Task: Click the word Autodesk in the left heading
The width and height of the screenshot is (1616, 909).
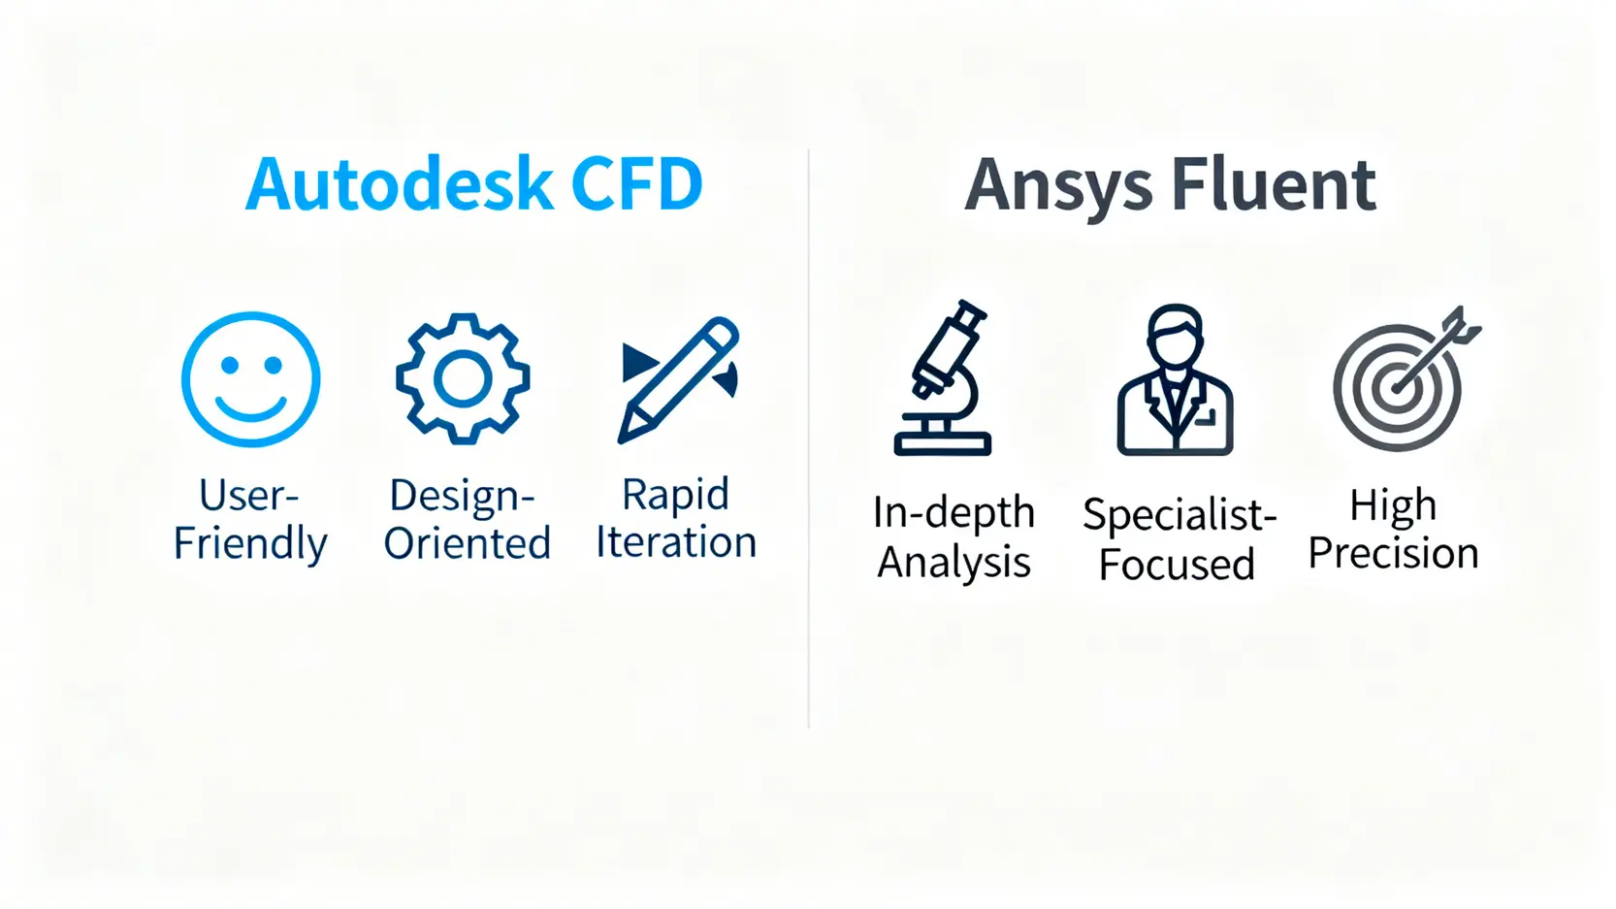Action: click(x=399, y=184)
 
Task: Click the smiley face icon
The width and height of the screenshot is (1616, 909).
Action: click(x=250, y=379)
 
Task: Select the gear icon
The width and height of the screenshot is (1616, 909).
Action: click(x=463, y=379)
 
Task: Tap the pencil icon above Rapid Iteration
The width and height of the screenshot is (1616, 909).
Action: click(x=678, y=379)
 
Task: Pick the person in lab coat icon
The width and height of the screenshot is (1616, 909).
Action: click(x=1175, y=381)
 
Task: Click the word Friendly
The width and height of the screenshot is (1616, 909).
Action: click(x=250, y=543)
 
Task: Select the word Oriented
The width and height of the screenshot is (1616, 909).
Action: click(x=467, y=543)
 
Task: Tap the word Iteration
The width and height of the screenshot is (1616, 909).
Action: click(x=676, y=542)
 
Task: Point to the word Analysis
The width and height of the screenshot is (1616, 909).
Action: click(x=953, y=563)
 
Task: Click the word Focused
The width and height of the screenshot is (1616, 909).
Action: click(x=1177, y=565)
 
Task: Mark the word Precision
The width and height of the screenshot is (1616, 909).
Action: click(x=1393, y=554)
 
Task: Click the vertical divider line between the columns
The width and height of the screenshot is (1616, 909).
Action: click(x=808, y=437)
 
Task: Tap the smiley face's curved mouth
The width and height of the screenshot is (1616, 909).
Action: click(x=250, y=407)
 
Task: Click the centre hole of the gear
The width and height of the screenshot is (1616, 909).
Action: click(x=463, y=379)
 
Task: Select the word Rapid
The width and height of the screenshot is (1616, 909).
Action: click(x=675, y=495)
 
